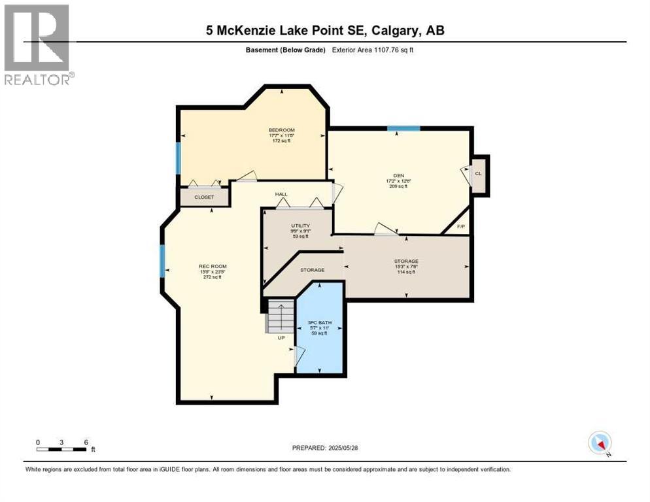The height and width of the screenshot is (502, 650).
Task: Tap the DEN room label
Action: click(398, 175)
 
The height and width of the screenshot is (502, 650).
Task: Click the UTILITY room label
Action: click(300, 226)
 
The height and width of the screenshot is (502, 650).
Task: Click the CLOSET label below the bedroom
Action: click(204, 197)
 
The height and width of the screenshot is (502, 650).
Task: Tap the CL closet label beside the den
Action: click(478, 174)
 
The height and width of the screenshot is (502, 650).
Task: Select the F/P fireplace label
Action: click(460, 226)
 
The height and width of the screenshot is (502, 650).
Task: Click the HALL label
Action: click(281, 194)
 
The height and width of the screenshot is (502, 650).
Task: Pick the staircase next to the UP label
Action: click(280, 315)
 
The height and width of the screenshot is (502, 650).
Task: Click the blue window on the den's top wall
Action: click(403, 129)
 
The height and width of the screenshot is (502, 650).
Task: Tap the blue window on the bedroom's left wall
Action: click(178, 158)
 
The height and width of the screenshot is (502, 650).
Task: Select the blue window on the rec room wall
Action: click(162, 260)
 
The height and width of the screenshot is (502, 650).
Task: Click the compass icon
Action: click(600, 443)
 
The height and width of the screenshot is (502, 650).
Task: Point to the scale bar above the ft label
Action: click(62, 449)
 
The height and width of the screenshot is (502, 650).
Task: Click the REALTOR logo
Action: click(38, 44)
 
